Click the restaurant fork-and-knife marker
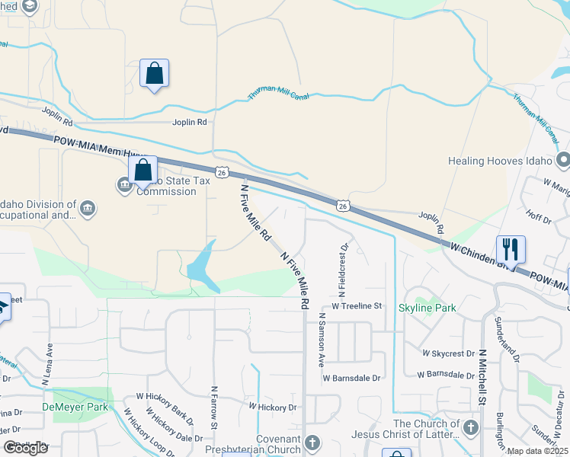(x=510, y=248)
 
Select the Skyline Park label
(x=427, y=307)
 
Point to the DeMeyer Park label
(x=81, y=407)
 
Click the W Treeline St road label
(x=351, y=305)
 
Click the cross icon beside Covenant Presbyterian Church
(x=312, y=442)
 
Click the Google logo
(x=26, y=448)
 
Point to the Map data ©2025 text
(x=536, y=451)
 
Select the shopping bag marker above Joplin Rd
(x=154, y=74)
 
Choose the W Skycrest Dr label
(x=454, y=354)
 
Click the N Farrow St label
(x=215, y=405)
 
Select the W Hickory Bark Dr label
(x=165, y=409)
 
